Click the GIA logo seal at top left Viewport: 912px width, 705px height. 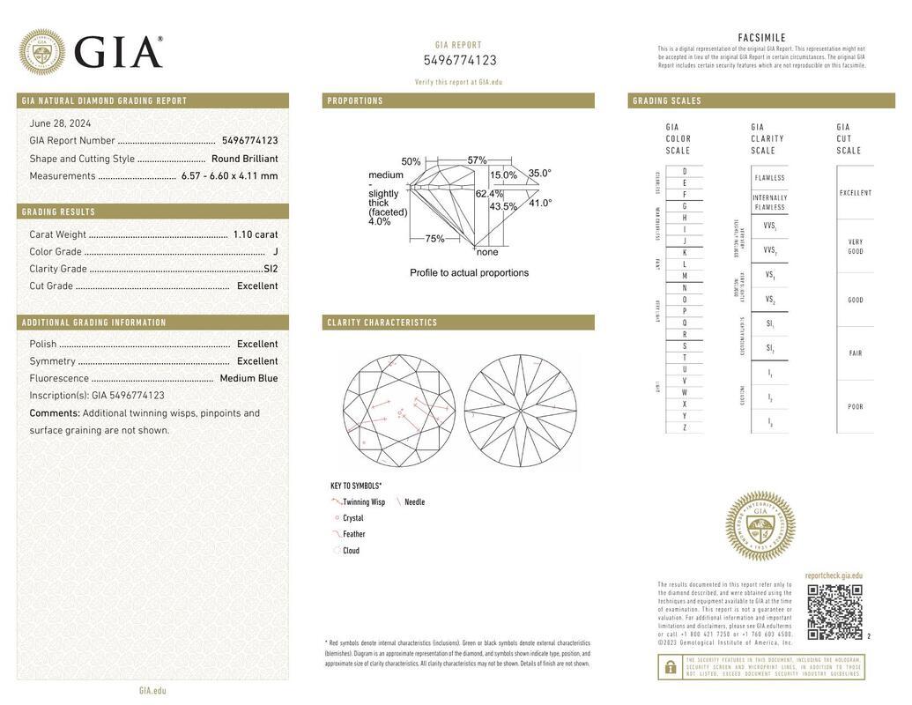point(41,52)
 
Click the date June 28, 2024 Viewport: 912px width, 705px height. point(60,123)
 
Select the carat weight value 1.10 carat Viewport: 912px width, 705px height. point(255,234)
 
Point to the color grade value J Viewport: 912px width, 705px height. point(275,252)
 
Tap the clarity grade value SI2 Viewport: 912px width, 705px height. point(270,269)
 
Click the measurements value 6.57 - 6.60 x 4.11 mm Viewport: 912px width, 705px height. point(229,175)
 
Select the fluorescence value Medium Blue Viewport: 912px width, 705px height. point(248,378)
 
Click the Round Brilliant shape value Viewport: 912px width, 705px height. point(244,159)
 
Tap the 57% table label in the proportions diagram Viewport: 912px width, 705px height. point(477,160)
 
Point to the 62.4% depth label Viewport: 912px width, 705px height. point(489,194)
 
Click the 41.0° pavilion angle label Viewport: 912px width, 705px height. point(540,203)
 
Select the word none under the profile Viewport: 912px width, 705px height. point(487,252)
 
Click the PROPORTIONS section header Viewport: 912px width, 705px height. point(355,100)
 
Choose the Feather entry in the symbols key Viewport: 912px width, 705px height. point(353,534)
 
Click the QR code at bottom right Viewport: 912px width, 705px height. point(834,612)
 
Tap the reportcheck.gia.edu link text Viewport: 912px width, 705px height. point(833,575)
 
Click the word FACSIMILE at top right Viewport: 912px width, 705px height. point(761,38)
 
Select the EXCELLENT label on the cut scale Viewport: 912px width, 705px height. point(855,193)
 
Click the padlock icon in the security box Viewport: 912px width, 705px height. point(670,667)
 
